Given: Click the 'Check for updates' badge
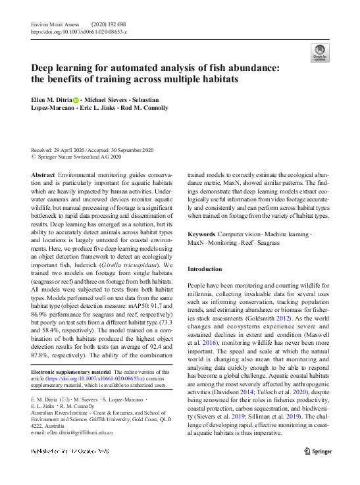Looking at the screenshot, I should tap(319, 53).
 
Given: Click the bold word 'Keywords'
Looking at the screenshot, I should tap(202, 234).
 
